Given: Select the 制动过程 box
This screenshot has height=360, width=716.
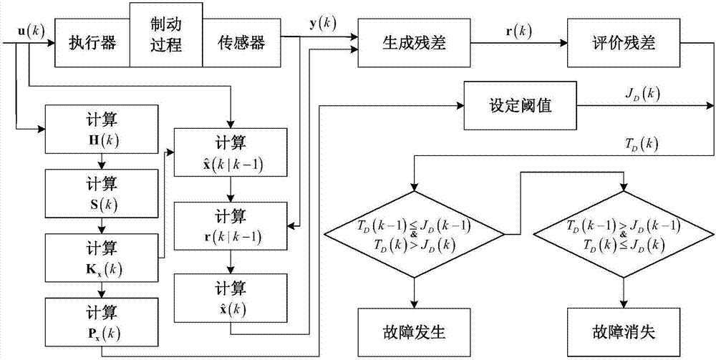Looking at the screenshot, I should [x=166, y=34].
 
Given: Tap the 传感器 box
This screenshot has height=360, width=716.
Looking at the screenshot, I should [x=241, y=43].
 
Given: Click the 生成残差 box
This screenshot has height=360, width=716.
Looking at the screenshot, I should [x=410, y=43].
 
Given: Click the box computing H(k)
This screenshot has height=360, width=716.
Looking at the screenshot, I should [x=101, y=130].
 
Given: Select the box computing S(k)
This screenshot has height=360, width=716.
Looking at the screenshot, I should [x=101, y=192].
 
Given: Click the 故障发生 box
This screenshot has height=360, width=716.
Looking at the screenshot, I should [x=414, y=332].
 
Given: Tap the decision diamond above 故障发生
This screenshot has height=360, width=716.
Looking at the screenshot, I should [x=414, y=233].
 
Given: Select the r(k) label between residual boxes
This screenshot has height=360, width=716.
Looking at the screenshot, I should [x=511, y=32].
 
